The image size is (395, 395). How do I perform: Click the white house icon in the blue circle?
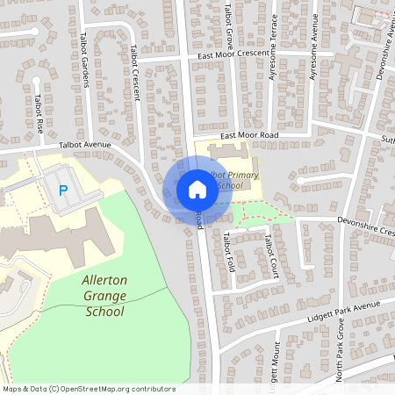(x=197, y=189)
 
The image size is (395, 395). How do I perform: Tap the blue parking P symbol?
(x=62, y=190)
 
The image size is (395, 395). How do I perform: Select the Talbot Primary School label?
(x=230, y=180)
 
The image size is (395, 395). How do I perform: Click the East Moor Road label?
(x=249, y=135)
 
